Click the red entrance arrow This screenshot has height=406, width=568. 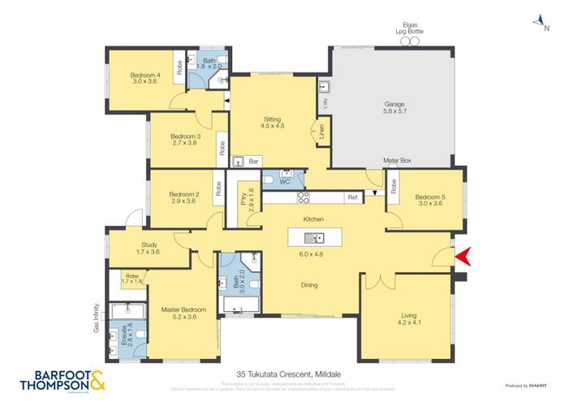point(463,258)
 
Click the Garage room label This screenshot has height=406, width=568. point(394,105)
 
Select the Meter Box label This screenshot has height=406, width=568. point(398,162)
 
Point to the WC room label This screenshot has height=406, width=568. point(284,182)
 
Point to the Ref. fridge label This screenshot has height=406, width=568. point(353,197)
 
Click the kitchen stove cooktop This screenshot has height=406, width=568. point(303,197)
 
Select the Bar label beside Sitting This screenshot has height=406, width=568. point(254,161)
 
